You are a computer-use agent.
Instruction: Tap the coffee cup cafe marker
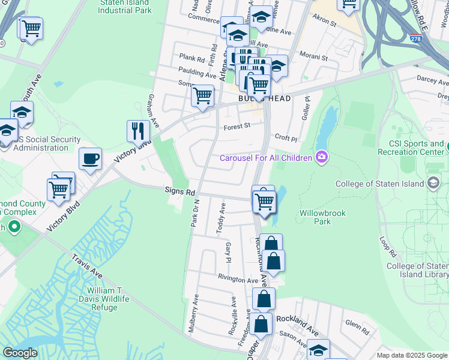(x=90, y=159)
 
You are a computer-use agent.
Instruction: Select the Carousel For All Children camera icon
(x=322, y=157)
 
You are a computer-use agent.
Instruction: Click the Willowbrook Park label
(x=315, y=217)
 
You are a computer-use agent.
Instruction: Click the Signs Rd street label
(x=180, y=192)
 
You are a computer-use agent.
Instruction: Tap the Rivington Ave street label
(x=238, y=280)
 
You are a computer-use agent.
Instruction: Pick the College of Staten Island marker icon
(x=434, y=184)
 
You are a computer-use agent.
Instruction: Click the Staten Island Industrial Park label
(x=125, y=7)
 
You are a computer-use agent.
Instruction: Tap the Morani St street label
(x=314, y=58)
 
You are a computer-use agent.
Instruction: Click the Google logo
(x=20, y=353)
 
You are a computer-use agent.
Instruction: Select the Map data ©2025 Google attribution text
(x=412, y=355)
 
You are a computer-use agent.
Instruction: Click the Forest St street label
(x=237, y=126)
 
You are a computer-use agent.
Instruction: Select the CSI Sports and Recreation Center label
(x=411, y=148)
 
